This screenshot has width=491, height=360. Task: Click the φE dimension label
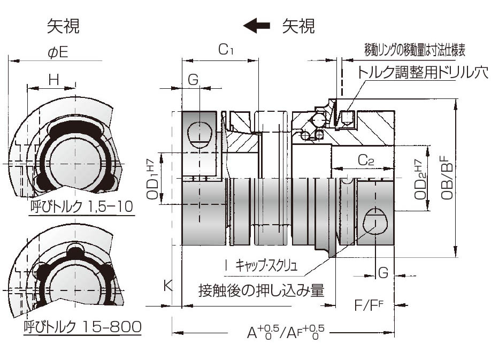[58, 52]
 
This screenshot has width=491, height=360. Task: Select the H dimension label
[53, 80]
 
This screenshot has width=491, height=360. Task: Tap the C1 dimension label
[226, 50]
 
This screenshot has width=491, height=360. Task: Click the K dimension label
[167, 286]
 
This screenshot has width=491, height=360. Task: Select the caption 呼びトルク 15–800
[83, 326]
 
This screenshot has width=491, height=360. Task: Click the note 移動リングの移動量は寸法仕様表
[415, 51]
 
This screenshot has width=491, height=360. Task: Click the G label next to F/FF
[382, 273]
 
